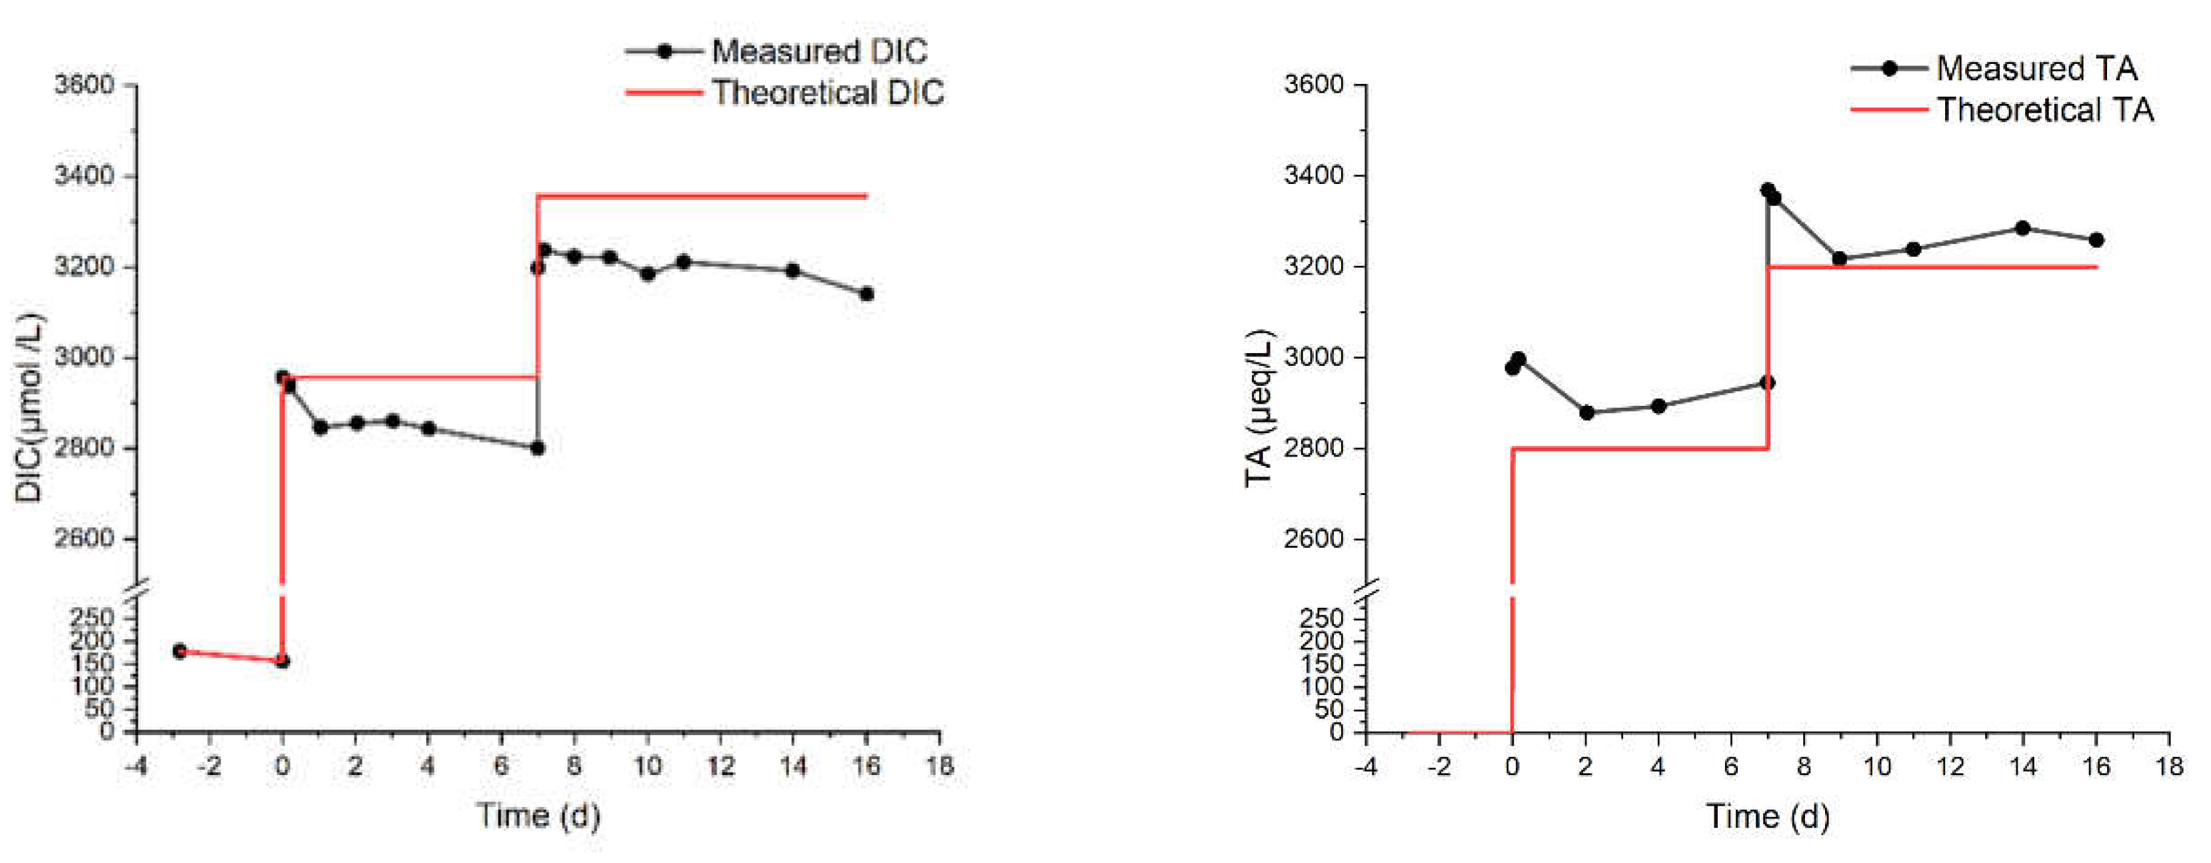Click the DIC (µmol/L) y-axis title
31,407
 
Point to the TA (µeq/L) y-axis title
1259,407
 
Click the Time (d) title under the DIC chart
538,815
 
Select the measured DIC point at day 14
793,271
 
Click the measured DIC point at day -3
179,651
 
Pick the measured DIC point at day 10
648,274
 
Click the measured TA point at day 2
1587,413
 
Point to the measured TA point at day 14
2022,228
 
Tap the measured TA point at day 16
2096,240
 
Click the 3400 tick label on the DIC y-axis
84,176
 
